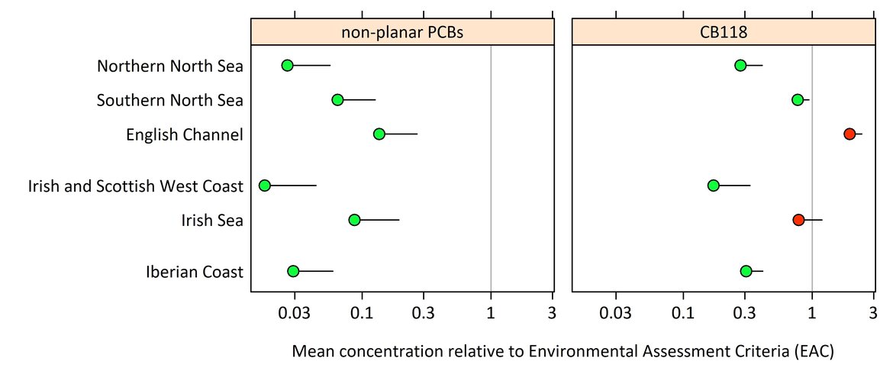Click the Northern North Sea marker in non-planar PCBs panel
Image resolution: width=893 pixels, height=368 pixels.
coord(287,66)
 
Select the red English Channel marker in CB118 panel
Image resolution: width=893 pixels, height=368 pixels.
coord(849,134)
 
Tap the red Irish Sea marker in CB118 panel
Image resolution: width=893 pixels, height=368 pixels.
coord(798,220)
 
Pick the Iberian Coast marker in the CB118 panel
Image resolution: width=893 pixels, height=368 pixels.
coord(746,271)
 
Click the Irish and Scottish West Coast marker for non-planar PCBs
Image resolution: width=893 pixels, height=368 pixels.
coord(265,186)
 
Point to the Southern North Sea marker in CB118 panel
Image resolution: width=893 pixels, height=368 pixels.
coord(798,100)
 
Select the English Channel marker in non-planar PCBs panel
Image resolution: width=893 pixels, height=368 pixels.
coord(379,134)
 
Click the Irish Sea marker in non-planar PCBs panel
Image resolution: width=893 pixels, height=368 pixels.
coord(354,220)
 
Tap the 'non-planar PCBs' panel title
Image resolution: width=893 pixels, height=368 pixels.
coord(402,33)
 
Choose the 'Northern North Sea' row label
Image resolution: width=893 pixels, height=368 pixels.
coord(170,66)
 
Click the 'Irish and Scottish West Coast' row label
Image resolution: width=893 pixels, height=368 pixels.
coord(136,186)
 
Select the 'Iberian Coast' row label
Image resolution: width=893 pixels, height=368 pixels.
coord(195,272)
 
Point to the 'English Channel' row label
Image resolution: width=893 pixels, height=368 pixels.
coord(185,135)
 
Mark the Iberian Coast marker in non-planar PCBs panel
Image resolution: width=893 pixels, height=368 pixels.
coord(293,271)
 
